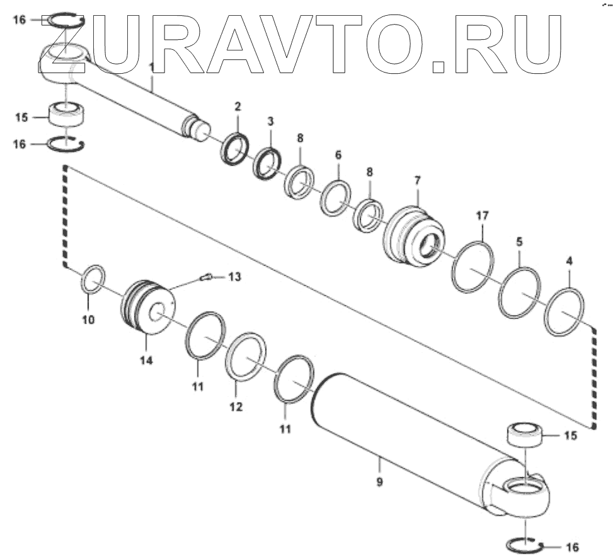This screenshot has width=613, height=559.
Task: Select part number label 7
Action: click(x=417, y=180)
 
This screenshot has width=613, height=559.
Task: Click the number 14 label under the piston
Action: click(x=146, y=360)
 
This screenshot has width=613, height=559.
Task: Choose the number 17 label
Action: click(x=482, y=216)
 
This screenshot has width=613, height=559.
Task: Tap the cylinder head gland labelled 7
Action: click(x=413, y=235)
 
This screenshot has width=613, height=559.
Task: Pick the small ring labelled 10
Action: click(x=93, y=279)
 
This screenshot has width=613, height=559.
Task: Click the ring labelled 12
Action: click(x=246, y=357)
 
